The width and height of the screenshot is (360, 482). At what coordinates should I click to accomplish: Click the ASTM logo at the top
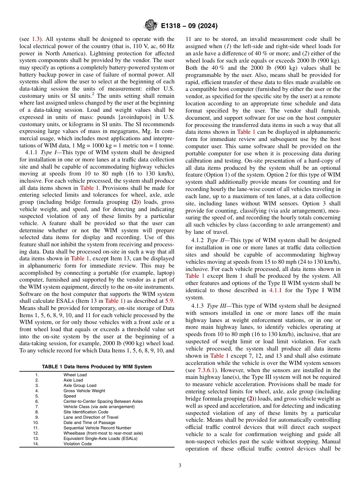150,26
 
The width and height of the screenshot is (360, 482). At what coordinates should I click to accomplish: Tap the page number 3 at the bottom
180,465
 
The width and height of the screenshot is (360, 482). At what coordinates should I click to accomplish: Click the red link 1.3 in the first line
35,39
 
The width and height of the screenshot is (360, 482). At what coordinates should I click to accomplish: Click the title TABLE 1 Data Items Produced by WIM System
97,366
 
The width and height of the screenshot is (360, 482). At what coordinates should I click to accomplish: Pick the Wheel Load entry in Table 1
75,375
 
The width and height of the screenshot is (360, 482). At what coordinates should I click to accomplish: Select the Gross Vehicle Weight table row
84,391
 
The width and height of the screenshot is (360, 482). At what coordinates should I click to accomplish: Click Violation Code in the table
77,444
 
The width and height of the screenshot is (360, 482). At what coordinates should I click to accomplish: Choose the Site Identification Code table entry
86,412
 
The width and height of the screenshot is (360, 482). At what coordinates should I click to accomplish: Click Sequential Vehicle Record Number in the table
97,428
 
